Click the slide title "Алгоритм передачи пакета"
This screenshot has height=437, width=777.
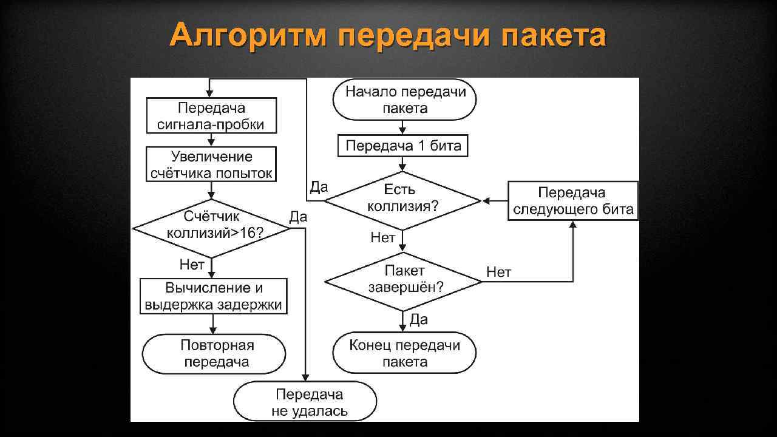(388, 36)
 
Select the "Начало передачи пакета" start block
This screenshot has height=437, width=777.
(405, 100)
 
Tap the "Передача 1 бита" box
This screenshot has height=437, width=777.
(403, 146)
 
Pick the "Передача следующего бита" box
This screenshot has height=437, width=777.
(572, 202)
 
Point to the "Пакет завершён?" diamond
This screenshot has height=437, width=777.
(403, 279)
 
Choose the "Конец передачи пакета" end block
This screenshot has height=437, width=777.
(405, 353)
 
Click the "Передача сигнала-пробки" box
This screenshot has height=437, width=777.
(211, 117)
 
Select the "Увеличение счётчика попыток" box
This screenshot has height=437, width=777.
(211, 165)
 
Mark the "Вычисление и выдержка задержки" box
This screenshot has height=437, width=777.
(214, 296)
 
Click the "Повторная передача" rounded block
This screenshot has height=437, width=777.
(214, 354)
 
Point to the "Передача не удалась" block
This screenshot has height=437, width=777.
(305, 402)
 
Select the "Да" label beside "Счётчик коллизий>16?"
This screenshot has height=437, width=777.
(298, 217)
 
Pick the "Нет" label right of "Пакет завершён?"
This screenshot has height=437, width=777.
(499, 273)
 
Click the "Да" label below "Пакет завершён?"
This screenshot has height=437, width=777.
(419, 319)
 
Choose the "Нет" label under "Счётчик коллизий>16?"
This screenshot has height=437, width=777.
(192, 265)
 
